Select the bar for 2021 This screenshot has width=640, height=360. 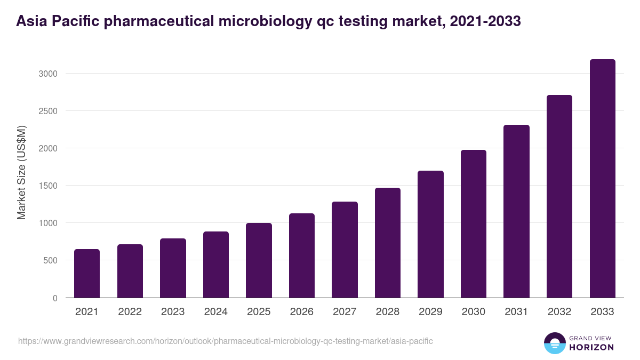tap(87, 273)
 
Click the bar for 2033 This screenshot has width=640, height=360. tap(602, 179)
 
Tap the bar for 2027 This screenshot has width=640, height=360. tap(345, 250)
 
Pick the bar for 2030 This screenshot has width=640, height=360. tap(474, 224)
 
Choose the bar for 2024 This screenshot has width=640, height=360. tap(216, 265)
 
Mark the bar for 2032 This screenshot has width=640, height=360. tap(559, 196)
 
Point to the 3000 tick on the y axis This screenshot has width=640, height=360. tap(47, 74)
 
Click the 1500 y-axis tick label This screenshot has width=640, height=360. tap(47, 186)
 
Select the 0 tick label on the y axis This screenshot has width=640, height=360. tap(55, 298)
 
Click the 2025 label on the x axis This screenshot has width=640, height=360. tap(259, 312)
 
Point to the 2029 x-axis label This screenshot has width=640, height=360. tap(430, 312)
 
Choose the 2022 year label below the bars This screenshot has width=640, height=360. tap(130, 312)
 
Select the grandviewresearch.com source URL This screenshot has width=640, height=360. tap(226, 341)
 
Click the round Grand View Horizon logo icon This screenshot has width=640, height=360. tap(555, 343)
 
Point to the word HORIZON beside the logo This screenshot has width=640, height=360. tap(592, 347)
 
